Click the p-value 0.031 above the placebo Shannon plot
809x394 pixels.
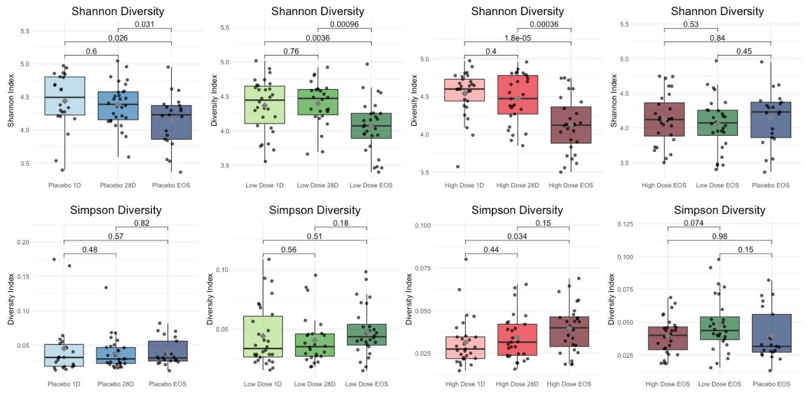[x=144, y=24]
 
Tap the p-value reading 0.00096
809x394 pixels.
[x=344, y=24]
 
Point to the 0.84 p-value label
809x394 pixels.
[x=717, y=38]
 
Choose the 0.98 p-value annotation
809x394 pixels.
[x=719, y=236]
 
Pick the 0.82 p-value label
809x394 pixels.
[x=142, y=222]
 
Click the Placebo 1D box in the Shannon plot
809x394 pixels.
[x=65, y=96]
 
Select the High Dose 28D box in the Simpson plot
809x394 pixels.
[x=517, y=340]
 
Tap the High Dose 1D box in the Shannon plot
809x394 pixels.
[x=464, y=90]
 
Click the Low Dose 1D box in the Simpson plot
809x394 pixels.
[x=264, y=336]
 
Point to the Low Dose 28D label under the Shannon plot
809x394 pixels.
[x=317, y=185]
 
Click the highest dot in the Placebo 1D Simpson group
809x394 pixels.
[x=54, y=259]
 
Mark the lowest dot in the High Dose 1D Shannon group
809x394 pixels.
[x=458, y=166]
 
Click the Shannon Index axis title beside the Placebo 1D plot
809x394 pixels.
[x=11, y=101]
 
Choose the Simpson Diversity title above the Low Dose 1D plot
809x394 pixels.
[x=314, y=210]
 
